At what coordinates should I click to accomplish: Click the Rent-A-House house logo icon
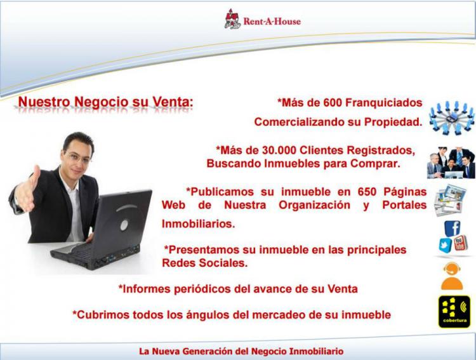coord(232,19)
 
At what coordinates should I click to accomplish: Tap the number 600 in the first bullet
coord(333,103)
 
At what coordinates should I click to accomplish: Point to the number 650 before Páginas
coord(367,192)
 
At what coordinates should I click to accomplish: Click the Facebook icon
coord(453,229)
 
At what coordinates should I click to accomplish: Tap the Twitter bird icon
coord(446,245)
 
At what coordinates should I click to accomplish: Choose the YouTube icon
coord(460,243)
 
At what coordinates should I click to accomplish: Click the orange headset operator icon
coord(452,276)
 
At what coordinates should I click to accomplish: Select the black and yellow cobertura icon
coord(454,312)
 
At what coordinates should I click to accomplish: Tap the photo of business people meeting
coord(451,163)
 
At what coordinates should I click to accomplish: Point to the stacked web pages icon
coord(450,200)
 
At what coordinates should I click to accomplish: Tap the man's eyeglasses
coord(78,158)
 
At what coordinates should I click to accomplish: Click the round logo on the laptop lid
coord(124,225)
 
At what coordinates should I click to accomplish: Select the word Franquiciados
coord(384,103)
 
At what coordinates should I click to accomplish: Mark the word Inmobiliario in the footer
coord(316,351)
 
